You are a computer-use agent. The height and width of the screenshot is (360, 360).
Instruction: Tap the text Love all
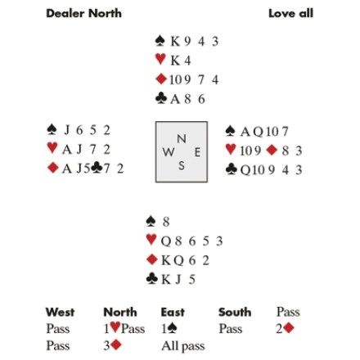(x=290, y=13)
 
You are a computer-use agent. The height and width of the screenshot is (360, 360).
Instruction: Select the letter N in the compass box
(x=182, y=139)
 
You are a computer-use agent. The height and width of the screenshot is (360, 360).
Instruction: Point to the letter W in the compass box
(x=169, y=152)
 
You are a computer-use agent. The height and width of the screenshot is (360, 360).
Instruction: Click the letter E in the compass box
(x=197, y=152)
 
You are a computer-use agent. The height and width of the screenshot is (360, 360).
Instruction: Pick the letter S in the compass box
(x=182, y=165)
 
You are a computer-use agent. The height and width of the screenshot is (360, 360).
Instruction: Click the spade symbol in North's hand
(x=160, y=41)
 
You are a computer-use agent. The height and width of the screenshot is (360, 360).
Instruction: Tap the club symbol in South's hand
(x=151, y=279)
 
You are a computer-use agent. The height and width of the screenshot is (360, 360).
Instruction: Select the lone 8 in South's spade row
(x=166, y=222)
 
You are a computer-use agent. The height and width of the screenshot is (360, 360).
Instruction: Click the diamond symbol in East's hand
(x=272, y=150)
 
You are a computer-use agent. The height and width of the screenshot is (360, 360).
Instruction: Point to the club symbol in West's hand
(x=97, y=168)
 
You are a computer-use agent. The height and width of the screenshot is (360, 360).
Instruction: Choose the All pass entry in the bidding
(x=183, y=346)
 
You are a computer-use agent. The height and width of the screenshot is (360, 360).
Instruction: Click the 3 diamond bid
(x=112, y=345)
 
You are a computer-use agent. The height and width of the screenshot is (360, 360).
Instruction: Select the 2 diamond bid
(x=285, y=328)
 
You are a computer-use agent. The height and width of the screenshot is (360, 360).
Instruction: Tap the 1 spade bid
(x=169, y=328)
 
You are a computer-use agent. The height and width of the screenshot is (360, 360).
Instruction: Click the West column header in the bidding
(x=60, y=312)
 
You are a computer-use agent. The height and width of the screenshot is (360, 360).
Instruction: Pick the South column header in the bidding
(x=235, y=312)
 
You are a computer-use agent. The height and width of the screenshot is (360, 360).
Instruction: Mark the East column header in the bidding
(x=173, y=312)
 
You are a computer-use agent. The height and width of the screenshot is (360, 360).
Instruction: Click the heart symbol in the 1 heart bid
(x=115, y=327)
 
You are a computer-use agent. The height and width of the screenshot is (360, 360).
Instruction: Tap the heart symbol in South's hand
(x=151, y=240)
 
